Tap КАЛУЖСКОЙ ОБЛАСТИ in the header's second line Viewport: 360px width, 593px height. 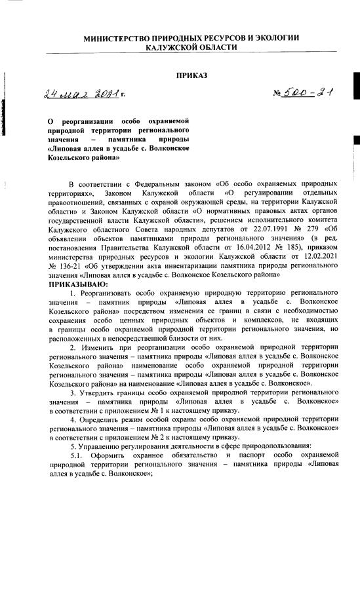click(191, 48)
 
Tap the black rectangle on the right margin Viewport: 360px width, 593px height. click(356, 139)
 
